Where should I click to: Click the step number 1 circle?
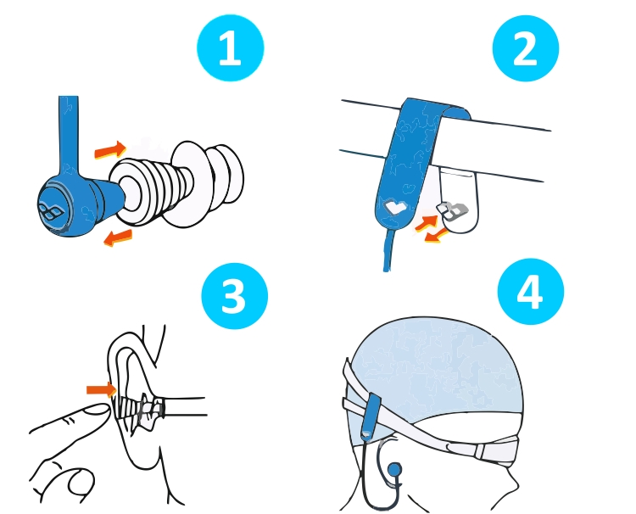point(231,47)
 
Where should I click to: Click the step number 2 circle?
point(526,47)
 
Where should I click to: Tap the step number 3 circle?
point(235,296)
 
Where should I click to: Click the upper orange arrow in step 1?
point(110,149)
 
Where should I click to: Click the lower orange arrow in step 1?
point(118,237)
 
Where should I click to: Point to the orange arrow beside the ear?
point(102,389)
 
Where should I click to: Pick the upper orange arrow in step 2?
point(426,223)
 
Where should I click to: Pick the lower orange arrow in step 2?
point(437,236)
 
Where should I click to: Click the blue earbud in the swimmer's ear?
point(394,470)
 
